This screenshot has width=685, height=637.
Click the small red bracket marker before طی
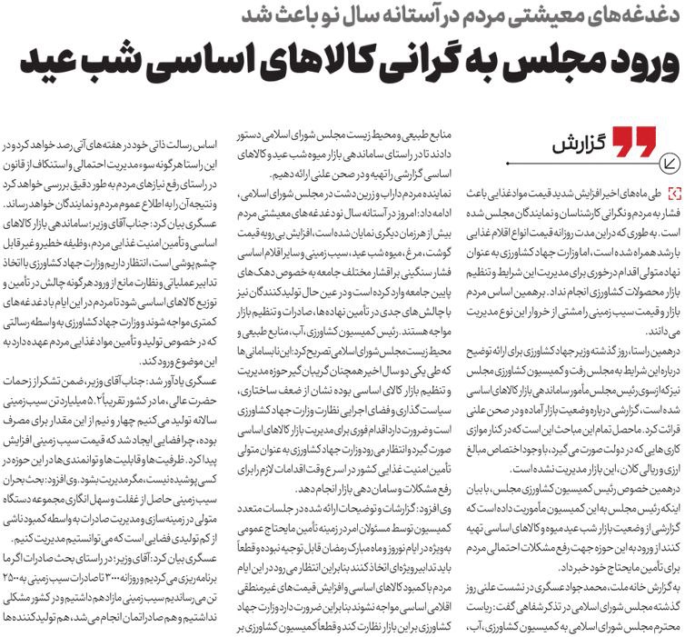671,194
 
